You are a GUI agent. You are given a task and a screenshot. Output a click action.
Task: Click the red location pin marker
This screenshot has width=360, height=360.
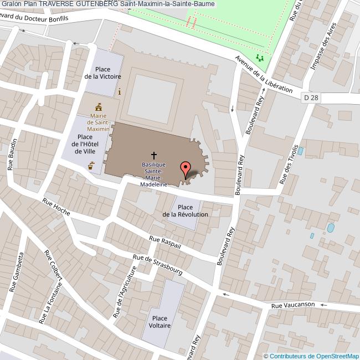coord(186,168)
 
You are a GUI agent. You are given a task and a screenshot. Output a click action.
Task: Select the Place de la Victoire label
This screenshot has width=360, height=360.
coord(102,73)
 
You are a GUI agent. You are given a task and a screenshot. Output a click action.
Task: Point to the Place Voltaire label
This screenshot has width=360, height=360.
coord(160,322)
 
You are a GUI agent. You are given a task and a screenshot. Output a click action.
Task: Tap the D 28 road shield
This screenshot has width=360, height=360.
coord(311,97)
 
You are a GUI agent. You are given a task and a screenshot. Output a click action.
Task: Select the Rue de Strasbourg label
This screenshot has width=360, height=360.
coord(157,265)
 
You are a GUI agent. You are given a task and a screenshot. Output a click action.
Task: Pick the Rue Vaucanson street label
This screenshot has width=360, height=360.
coord(293,305)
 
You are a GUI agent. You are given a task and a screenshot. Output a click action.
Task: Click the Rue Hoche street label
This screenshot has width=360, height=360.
coord(56,208)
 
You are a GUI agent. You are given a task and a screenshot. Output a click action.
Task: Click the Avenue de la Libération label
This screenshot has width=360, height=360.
coord(263,74)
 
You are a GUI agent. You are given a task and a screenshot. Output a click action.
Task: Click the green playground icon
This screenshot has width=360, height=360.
coord(260,57)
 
